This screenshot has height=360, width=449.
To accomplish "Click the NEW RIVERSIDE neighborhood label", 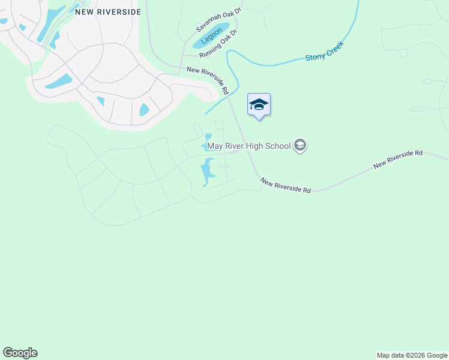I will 108,11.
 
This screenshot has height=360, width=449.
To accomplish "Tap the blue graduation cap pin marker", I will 259,105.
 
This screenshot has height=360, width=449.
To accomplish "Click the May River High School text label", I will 249,145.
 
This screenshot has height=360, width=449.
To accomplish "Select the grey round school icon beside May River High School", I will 300,145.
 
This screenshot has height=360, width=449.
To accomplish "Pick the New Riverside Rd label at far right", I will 398,159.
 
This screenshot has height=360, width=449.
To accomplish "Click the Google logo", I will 20,353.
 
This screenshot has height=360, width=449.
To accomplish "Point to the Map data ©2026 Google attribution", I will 411,355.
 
